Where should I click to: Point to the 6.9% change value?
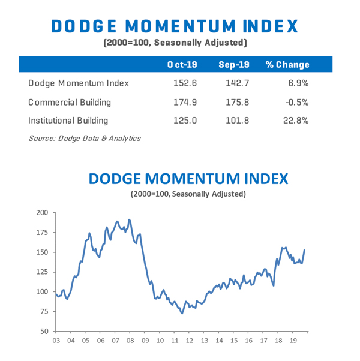point(298,83)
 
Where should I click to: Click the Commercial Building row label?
point(68,102)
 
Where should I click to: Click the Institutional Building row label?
point(68,121)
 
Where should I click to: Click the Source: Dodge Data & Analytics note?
point(85,139)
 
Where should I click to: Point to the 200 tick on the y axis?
point(42,213)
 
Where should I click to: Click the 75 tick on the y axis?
point(44,312)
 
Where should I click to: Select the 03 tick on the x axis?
point(56,341)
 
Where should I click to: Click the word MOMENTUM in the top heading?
point(176,26)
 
